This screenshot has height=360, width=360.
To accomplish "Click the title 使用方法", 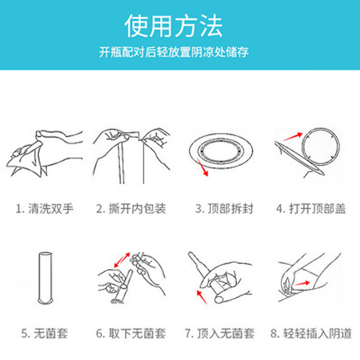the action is (x=174, y=26).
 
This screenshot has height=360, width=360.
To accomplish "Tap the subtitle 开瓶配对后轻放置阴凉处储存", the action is (x=174, y=52).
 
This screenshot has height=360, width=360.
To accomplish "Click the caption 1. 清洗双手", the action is (x=45, y=209).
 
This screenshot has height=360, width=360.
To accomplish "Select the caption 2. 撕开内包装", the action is (x=131, y=209).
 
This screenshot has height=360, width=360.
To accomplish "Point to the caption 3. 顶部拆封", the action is (x=224, y=209).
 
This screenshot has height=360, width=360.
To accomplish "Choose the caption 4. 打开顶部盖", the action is (x=311, y=209).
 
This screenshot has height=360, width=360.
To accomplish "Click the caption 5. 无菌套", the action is (x=45, y=333).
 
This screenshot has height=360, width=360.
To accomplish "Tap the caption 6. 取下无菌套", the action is (x=131, y=333).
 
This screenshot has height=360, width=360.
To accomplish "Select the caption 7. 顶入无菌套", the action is (x=220, y=333).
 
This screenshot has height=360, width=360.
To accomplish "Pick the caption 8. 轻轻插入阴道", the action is (x=311, y=333).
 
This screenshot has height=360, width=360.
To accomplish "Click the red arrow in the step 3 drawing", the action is (x=202, y=167).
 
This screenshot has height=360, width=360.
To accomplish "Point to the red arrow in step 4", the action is (x=293, y=137).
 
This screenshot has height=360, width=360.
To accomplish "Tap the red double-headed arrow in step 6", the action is (x=122, y=260).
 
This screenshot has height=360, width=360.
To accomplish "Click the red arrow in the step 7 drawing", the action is (x=202, y=297).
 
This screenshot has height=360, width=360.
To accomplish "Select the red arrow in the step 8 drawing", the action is (x=302, y=283).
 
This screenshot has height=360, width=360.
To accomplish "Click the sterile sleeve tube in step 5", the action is (x=45, y=278).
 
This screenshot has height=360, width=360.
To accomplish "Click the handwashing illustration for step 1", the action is (x=45, y=153).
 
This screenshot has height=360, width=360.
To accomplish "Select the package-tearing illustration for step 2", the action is (x=131, y=156).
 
